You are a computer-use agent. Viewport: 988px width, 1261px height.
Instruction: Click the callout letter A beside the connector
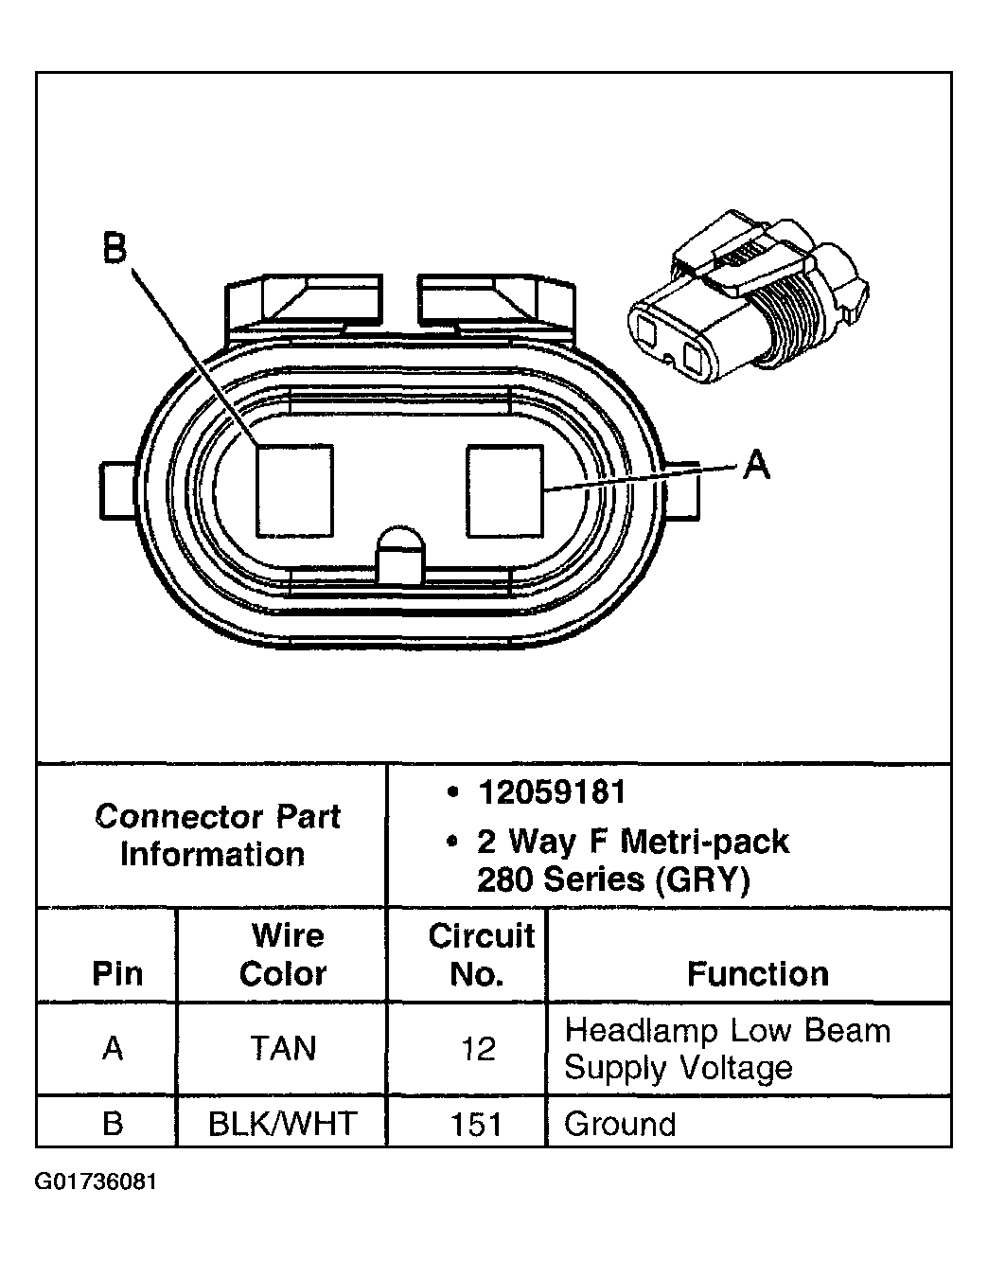(x=755, y=464)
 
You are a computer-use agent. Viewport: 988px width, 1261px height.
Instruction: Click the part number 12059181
(x=552, y=792)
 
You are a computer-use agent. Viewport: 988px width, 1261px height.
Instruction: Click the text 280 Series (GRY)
(x=613, y=880)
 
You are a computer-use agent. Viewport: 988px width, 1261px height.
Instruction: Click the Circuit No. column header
(x=481, y=954)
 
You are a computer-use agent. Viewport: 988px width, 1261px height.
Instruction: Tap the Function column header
(x=757, y=973)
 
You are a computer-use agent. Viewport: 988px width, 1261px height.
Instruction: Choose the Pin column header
(x=117, y=973)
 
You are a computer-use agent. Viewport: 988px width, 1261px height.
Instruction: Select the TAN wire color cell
(x=283, y=1049)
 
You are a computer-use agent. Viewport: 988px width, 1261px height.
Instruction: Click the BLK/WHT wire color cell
(x=283, y=1124)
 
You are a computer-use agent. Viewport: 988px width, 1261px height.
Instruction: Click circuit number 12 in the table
(x=478, y=1049)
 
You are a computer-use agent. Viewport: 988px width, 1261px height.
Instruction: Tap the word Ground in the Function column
(x=620, y=1124)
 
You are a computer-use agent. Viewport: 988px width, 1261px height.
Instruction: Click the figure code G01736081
(x=96, y=1182)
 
